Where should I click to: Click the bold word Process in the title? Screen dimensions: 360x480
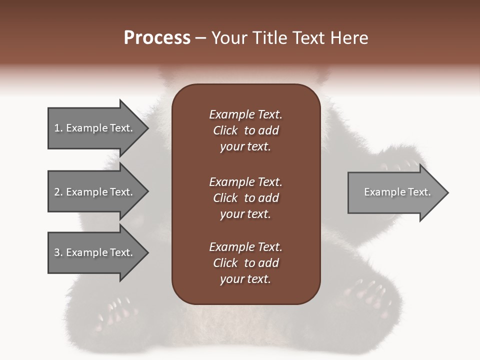tap(157, 38)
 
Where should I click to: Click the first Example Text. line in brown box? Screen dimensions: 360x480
tap(245, 114)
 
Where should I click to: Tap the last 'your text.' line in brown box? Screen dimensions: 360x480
tap(245, 279)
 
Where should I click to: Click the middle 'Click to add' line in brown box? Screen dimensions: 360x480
tap(245, 198)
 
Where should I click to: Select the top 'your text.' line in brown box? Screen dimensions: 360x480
tap(245, 146)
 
